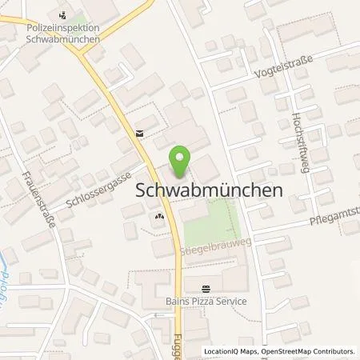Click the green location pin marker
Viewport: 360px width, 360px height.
182,159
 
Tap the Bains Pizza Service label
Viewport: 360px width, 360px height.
207,301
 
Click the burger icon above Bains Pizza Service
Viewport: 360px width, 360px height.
207,289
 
